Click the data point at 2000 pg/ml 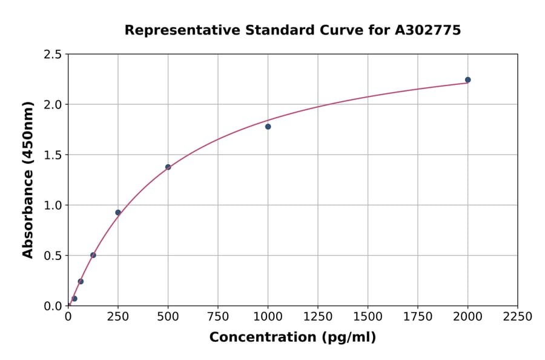[x=467, y=80]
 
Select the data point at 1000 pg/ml [x=268, y=127]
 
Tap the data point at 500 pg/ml [x=168, y=167]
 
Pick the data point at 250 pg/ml [x=118, y=213]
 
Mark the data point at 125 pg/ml [x=93, y=255]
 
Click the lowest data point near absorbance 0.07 [x=74, y=299]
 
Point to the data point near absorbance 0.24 [x=81, y=281]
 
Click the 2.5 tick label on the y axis [x=52, y=55]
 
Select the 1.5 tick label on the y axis [x=52, y=155]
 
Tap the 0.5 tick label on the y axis [x=52, y=256]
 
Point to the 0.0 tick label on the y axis [x=52, y=306]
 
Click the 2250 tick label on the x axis [x=518, y=317]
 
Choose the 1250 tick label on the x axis [x=317, y=317]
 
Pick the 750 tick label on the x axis [x=217, y=317]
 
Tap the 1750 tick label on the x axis [x=417, y=317]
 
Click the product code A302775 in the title [x=428, y=30]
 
